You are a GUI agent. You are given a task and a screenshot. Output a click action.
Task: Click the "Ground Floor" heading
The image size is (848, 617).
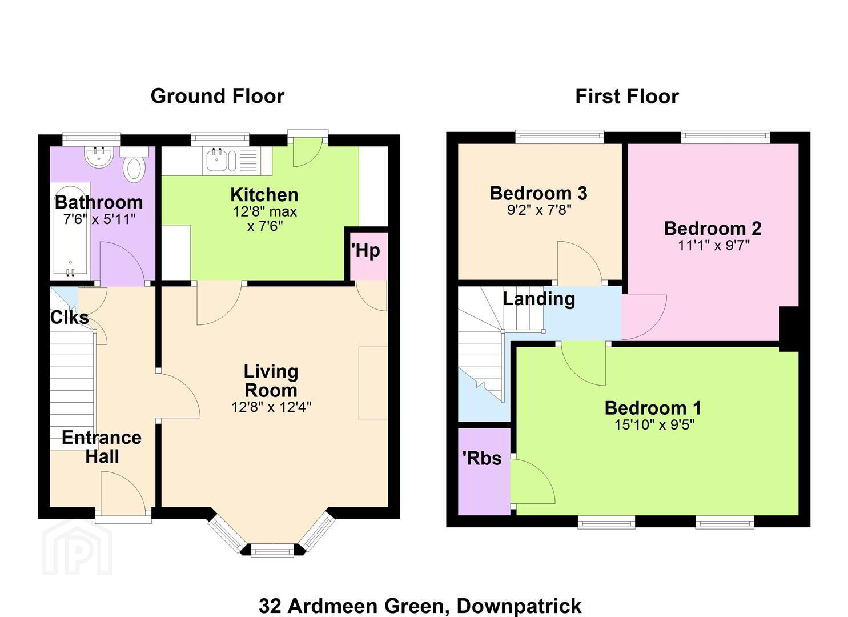coord(218,96)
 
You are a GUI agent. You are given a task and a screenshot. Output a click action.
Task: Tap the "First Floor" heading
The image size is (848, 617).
coord(627,96)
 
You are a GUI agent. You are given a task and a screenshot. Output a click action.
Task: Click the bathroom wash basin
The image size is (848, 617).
coord(99,156)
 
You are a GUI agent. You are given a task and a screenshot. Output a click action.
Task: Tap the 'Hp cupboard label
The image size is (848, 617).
coord(365,251)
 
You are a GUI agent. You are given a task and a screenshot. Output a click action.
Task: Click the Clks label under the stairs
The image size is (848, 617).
coord(69,318)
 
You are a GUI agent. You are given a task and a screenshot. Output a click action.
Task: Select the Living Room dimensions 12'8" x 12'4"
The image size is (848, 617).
coord(271,407)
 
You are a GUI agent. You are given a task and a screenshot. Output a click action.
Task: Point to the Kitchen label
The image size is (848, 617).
coord(264,195)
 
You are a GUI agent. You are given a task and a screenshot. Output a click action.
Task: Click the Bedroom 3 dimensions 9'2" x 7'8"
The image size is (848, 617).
coord(539,210)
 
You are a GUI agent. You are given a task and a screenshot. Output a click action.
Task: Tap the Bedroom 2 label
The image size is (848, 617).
coord(713,229)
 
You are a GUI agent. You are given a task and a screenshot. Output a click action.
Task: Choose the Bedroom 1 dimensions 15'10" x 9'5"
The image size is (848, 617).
coord(654,425)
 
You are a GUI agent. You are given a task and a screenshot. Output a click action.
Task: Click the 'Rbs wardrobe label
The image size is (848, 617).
coord(482,458)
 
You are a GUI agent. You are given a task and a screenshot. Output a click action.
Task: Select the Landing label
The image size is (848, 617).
coord(539,299)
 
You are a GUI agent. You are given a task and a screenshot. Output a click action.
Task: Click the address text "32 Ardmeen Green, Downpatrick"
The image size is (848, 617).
coord(420,606)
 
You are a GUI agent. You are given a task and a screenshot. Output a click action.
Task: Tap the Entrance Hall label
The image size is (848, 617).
coord(102,447)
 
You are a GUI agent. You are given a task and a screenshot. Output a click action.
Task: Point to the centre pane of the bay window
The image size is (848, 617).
coord(272,550)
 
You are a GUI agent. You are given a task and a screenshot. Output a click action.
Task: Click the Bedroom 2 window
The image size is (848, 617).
coord(725,137)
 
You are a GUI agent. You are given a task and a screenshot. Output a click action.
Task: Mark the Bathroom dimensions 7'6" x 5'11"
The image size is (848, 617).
coord(99,219)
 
